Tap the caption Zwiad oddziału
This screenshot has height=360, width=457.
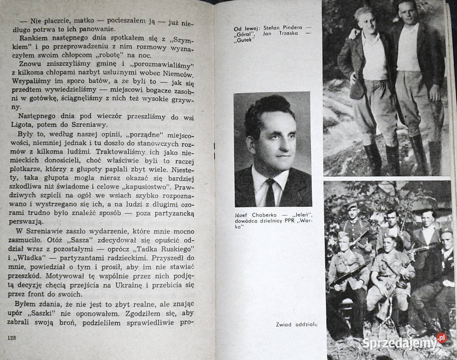296,324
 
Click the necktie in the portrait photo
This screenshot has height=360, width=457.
270,192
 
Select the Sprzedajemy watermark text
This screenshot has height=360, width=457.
398,343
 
